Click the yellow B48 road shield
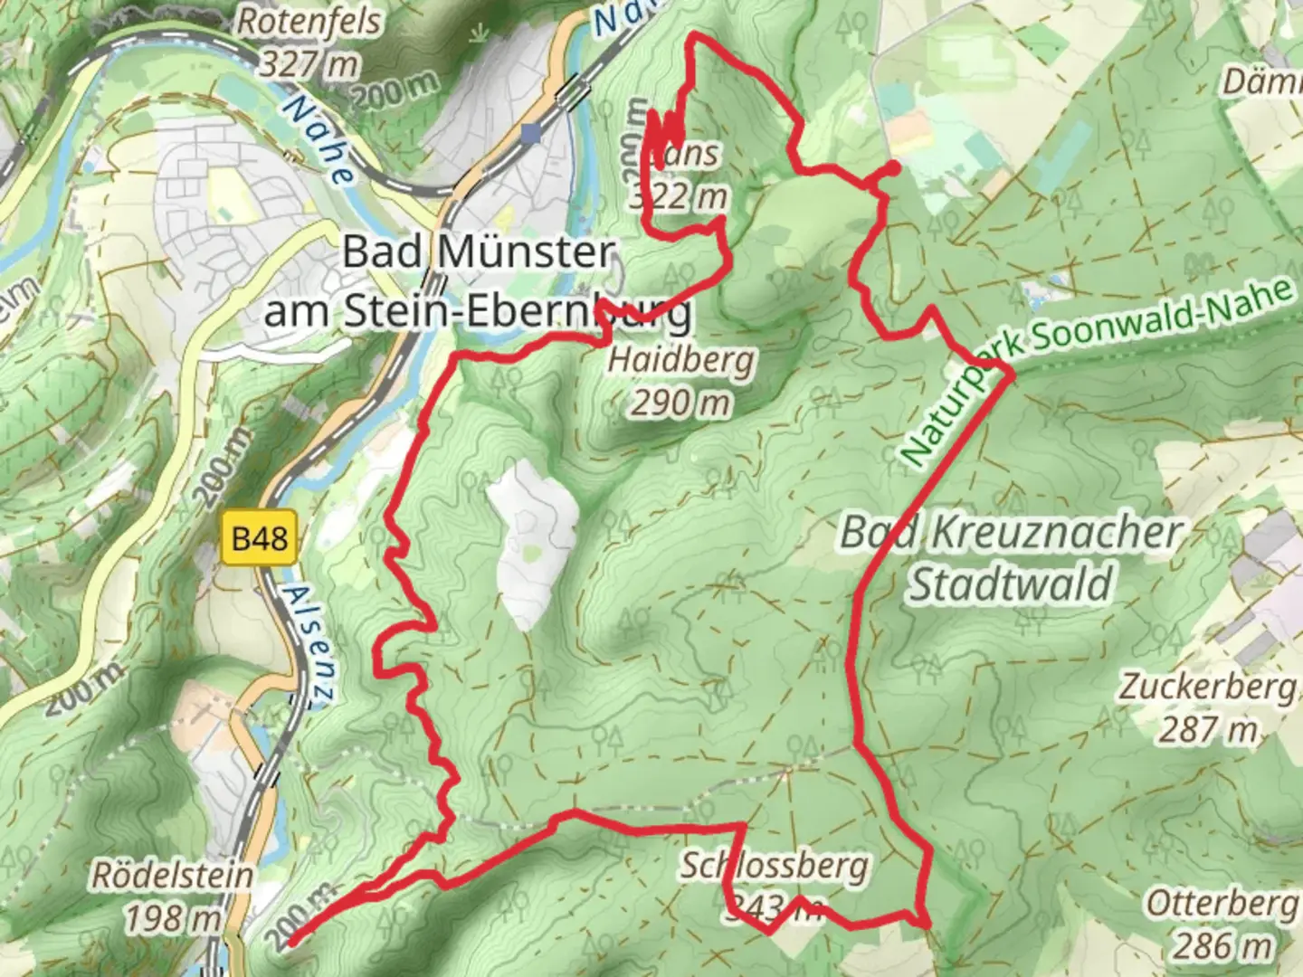tap(260, 539)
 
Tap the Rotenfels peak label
tap(309, 22)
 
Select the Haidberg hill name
tap(680, 360)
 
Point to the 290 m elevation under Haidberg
tap(680, 403)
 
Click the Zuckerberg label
tap(1208, 686)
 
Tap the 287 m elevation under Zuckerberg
tap(1208, 728)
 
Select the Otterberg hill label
tap(1222, 903)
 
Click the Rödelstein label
tap(172, 875)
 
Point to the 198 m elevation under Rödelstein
tap(172, 918)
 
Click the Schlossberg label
tap(774, 866)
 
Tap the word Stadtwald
tap(1009, 583)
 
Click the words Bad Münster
tap(479, 251)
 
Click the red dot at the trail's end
tap(891, 168)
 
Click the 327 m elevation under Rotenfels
tap(309, 63)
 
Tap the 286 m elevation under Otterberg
tap(1222, 945)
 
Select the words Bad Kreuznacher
tap(1011, 532)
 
